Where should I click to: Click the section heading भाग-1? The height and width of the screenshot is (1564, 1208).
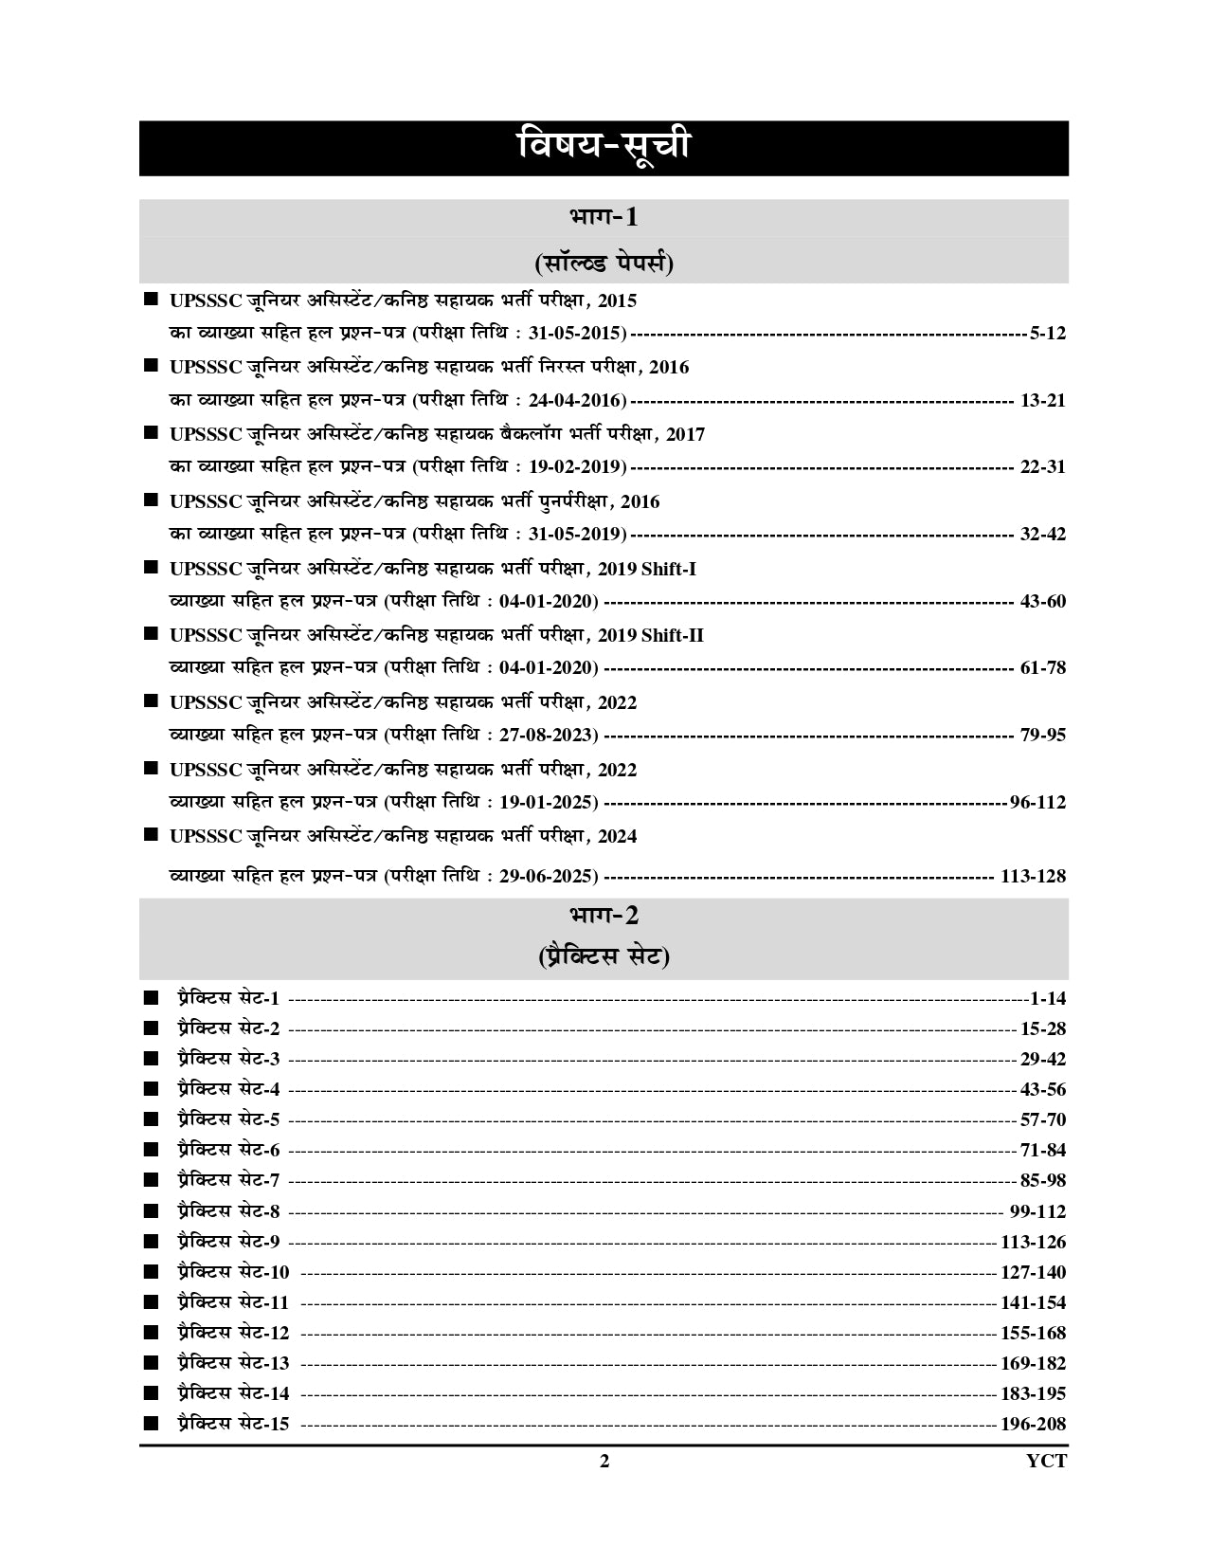tap(604, 217)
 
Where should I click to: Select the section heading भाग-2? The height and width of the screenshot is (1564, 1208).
tap(604, 915)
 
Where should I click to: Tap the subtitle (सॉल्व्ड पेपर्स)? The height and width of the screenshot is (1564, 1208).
tap(604, 263)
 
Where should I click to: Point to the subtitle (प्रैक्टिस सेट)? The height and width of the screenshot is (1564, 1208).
tap(604, 957)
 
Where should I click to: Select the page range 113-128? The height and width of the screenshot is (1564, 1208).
tap(1033, 876)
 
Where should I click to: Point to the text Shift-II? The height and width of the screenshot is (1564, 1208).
tap(673, 635)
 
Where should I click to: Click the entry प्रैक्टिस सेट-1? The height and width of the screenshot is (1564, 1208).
tap(227, 998)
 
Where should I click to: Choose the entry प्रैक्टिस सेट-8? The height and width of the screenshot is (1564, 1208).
tap(227, 1211)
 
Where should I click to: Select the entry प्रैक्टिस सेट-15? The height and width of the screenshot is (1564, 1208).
tap(232, 1424)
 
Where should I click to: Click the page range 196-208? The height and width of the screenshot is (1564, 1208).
tap(1033, 1424)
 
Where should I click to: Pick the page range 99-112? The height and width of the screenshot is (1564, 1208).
tap(1037, 1211)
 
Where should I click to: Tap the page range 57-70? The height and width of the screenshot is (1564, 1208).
tap(1043, 1119)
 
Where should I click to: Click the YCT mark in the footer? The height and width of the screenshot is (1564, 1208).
tap(1046, 1461)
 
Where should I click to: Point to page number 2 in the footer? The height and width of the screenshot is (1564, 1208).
tap(604, 1461)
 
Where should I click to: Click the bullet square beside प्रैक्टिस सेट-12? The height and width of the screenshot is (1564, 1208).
tap(150, 1333)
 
